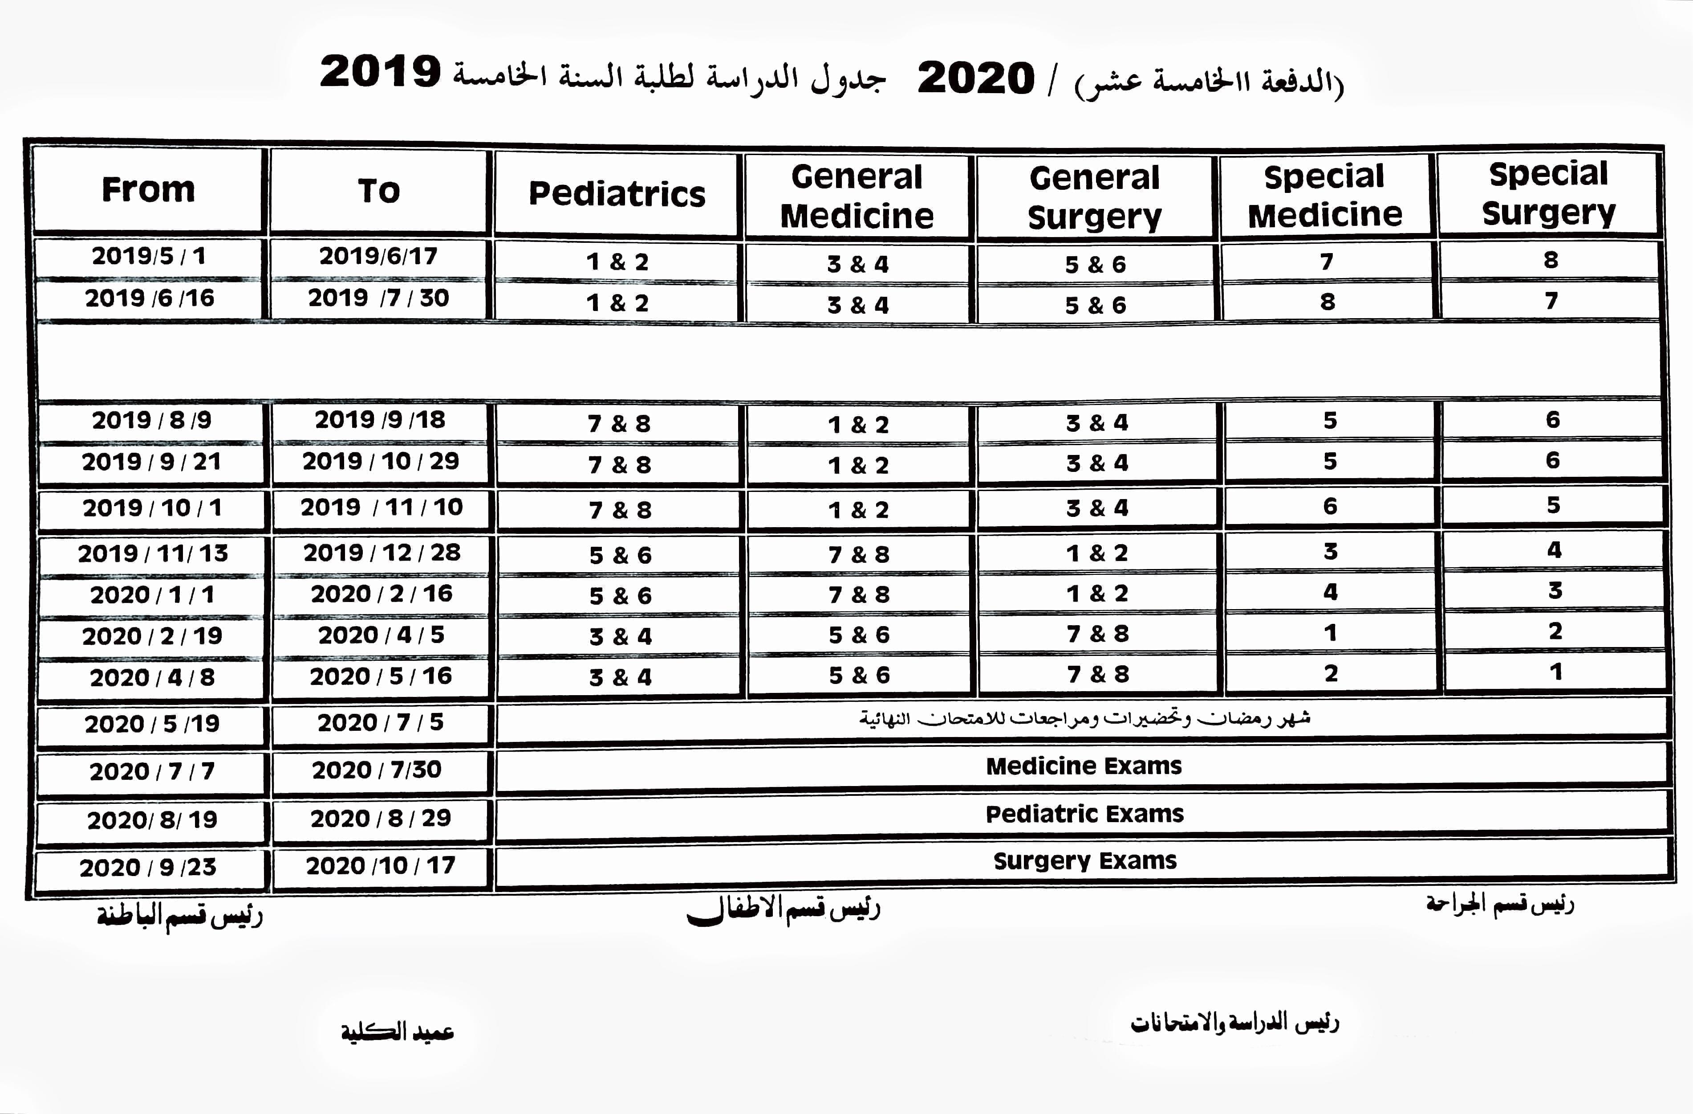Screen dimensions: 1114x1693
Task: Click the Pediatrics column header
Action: pos(617,194)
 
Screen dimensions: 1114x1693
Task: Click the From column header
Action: pos(148,189)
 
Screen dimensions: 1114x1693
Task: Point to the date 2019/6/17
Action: pos(378,255)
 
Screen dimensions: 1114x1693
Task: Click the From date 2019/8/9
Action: pos(151,420)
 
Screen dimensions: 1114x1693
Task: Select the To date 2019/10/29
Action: pos(381,461)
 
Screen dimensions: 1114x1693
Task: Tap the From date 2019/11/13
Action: pos(153,553)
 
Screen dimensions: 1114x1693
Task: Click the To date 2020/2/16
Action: pos(381,594)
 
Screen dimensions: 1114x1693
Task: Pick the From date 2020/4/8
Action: pos(152,677)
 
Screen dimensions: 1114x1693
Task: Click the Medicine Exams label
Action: pos(1084,766)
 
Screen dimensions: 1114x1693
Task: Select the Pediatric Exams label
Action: pos(1084,814)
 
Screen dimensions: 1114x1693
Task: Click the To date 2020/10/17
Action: pos(381,865)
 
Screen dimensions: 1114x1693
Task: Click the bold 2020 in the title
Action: pos(975,78)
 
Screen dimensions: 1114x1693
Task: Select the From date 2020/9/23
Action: pos(148,867)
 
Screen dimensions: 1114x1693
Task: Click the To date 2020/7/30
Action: pos(377,770)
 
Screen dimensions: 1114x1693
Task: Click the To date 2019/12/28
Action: pos(382,553)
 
